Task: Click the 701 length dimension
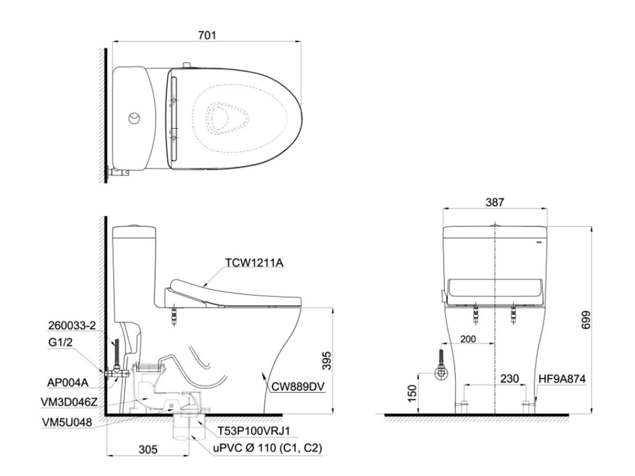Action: (207, 35)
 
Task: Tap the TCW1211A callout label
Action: (255, 263)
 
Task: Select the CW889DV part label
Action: (298, 387)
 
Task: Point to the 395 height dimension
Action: (326, 361)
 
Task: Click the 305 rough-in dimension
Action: (148, 450)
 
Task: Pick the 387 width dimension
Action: (495, 203)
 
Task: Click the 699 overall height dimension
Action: (586, 320)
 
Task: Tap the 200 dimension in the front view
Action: (468, 338)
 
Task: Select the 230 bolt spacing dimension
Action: (510, 379)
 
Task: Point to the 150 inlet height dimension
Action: (412, 393)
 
